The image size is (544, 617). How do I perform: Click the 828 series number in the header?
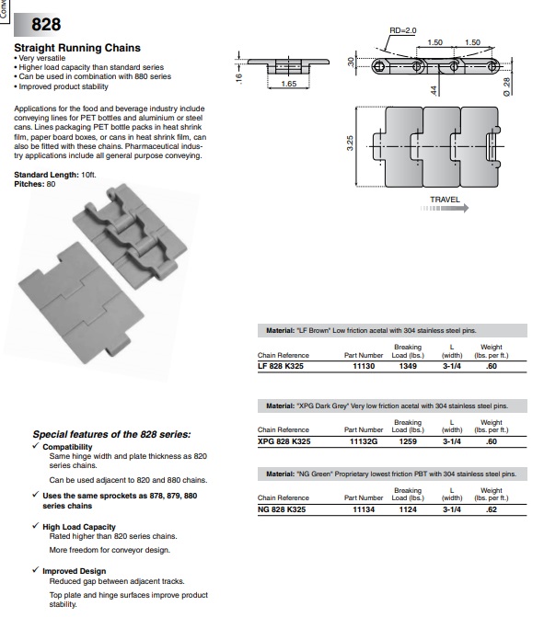click(46, 25)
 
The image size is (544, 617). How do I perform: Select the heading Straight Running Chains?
click(77, 48)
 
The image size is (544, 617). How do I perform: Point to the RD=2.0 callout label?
click(402, 30)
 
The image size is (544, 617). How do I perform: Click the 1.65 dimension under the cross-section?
click(289, 84)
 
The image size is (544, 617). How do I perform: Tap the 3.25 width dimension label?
click(350, 143)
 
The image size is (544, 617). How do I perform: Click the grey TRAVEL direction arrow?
click(445, 208)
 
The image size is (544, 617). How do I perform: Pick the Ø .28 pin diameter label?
click(507, 86)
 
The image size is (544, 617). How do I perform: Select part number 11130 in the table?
click(364, 366)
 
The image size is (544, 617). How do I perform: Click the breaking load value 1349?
click(408, 366)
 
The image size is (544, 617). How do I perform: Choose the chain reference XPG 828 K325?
click(284, 441)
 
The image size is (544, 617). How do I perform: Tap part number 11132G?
click(364, 441)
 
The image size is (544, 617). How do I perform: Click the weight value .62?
click(492, 509)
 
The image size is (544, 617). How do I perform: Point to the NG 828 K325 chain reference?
click(282, 509)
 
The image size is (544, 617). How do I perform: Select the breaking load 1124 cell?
click(408, 509)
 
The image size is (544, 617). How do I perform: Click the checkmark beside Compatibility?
click(36, 445)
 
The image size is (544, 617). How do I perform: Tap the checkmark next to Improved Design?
click(36, 569)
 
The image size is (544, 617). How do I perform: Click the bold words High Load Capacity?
click(79, 527)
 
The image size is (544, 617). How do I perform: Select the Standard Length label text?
click(46, 175)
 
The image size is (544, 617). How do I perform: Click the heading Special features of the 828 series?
click(112, 434)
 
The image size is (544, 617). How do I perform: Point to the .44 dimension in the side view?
click(434, 90)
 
